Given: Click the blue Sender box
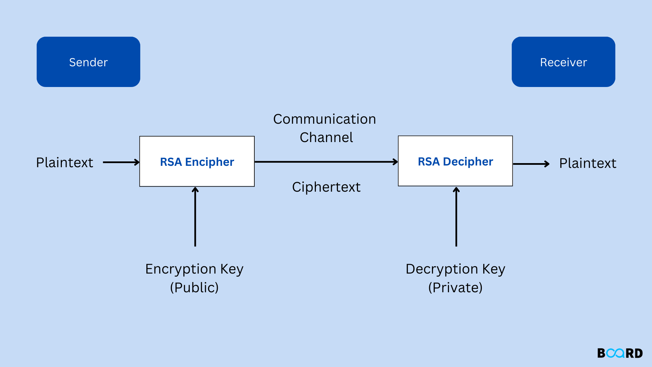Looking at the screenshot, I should [88, 62].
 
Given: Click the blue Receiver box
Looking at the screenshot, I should [563, 62].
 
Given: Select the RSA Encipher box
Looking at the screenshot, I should [197, 161].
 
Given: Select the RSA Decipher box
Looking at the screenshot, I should [455, 161].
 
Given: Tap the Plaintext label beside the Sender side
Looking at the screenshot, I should [65, 163].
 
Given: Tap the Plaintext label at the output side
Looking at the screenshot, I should [587, 163].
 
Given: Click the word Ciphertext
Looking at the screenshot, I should [326, 187].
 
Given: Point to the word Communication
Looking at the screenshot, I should [324, 119].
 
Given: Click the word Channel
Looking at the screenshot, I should [326, 138].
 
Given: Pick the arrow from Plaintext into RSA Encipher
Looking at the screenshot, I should [121, 162].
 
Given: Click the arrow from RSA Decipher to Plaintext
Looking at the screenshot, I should [530, 164].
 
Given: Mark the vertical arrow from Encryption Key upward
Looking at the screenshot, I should [195, 217].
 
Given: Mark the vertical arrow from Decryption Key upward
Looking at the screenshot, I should [456, 217].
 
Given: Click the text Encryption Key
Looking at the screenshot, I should [194, 269].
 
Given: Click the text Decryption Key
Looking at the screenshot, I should [455, 269].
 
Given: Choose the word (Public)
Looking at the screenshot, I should [194, 288].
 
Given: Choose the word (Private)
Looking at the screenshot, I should [455, 288].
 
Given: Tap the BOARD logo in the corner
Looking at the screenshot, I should [620, 353].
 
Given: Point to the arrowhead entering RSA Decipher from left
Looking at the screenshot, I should [396, 162].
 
